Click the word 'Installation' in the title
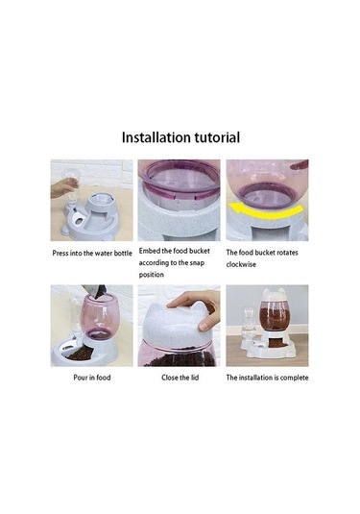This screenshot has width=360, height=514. pyautogui.click(x=156, y=137)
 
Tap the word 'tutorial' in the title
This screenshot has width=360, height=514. pyautogui.click(x=217, y=137)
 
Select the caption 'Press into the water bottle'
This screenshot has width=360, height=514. pyautogui.click(x=92, y=253)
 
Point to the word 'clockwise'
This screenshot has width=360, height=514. pyautogui.click(x=241, y=264)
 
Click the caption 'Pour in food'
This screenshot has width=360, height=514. pyautogui.click(x=92, y=378)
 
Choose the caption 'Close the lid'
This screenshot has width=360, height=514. pyautogui.click(x=180, y=378)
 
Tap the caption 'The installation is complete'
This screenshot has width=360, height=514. pyautogui.click(x=267, y=378)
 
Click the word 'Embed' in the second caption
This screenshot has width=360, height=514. pyautogui.click(x=150, y=251)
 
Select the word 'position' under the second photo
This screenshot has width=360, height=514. pyautogui.click(x=151, y=275)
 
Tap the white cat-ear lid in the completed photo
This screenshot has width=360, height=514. pyautogui.click(x=273, y=296)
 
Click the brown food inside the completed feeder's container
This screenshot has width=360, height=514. pyautogui.click(x=274, y=316)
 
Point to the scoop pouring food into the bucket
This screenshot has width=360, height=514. pyautogui.click(x=96, y=290)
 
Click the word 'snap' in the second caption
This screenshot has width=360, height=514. pyautogui.click(x=198, y=263)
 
